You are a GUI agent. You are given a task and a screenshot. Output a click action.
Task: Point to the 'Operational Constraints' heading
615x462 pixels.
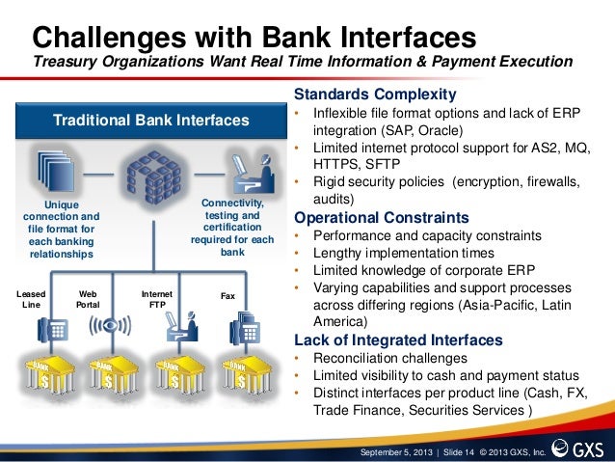click(x=381, y=217)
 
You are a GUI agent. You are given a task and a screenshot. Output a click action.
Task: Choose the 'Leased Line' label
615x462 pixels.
click(x=31, y=297)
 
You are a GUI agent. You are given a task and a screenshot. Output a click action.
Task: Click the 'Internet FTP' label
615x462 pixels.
click(x=156, y=297)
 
